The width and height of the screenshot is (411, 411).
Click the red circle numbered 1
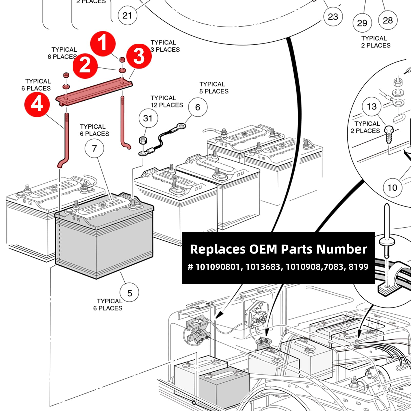[103, 44]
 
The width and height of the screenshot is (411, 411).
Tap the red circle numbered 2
[85, 66]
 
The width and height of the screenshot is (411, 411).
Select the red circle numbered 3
[139, 56]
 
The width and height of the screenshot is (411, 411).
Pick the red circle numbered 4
[37, 104]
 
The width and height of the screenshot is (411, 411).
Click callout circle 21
[127, 15]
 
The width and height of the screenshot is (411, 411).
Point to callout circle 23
[333, 17]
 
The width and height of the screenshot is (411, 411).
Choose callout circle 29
[362, 23]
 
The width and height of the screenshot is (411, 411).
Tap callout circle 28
[388, 20]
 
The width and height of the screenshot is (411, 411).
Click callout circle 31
[148, 118]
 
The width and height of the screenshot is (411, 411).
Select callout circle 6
[198, 107]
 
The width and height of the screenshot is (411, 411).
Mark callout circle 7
[94, 148]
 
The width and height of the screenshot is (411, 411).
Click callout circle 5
[129, 293]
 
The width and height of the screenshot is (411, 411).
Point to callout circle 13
[372, 106]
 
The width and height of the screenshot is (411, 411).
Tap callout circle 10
[392, 188]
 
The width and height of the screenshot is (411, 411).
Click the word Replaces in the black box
[218, 249]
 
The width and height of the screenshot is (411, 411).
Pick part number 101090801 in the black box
[217, 267]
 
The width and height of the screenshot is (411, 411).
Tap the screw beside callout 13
[389, 134]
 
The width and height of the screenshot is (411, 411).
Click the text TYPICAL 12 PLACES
[167, 101]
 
